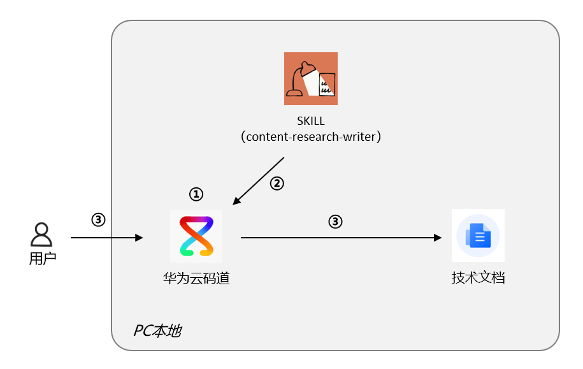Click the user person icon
pyautogui.click(x=41, y=235)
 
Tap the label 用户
pyautogui.click(x=43, y=258)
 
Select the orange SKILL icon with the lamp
pyautogui.click(x=311, y=78)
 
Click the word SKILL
pyautogui.click(x=311, y=121)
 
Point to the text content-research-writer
pyautogui.click(x=311, y=137)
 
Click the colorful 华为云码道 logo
pyautogui.click(x=196, y=236)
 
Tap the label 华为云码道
pyautogui.click(x=196, y=279)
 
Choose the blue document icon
pyautogui.click(x=478, y=235)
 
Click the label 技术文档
pyautogui.click(x=478, y=278)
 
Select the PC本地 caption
pyautogui.click(x=157, y=331)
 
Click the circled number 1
pyautogui.click(x=196, y=194)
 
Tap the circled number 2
pyautogui.click(x=277, y=184)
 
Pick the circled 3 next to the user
pyautogui.click(x=99, y=219)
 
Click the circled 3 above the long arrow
pyautogui.click(x=335, y=222)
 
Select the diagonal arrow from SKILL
pyautogui.click(x=259, y=181)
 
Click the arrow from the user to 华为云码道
pyautogui.click(x=106, y=237)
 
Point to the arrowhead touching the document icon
pyautogui.click(x=438, y=237)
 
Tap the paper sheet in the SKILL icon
pyautogui.click(x=327, y=84)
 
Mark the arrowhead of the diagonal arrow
pyautogui.click(x=236, y=201)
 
